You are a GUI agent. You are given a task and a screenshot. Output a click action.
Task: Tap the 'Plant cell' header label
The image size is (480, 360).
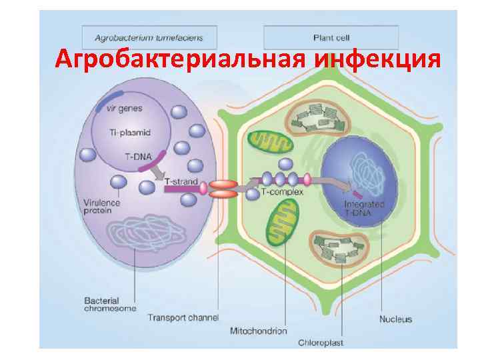click(331, 37)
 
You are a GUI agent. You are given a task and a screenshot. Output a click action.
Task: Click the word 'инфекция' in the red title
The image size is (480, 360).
click(378, 61)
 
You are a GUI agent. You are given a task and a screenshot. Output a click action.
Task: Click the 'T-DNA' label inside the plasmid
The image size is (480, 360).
click(138, 157)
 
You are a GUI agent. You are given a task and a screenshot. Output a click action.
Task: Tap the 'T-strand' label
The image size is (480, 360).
click(181, 181)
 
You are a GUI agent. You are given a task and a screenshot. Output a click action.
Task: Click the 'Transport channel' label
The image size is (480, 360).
click(183, 317)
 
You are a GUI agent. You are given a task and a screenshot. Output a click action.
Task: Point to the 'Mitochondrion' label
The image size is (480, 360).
click(258, 331)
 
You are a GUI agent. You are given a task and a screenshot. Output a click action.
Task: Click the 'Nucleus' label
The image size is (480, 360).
click(396, 319)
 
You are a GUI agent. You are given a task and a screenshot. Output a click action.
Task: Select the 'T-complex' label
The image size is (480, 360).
click(282, 192)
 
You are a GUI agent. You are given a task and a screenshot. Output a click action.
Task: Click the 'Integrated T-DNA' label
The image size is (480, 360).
click(363, 208)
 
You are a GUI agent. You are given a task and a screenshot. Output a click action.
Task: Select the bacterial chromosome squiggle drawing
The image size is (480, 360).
click(136, 237)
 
